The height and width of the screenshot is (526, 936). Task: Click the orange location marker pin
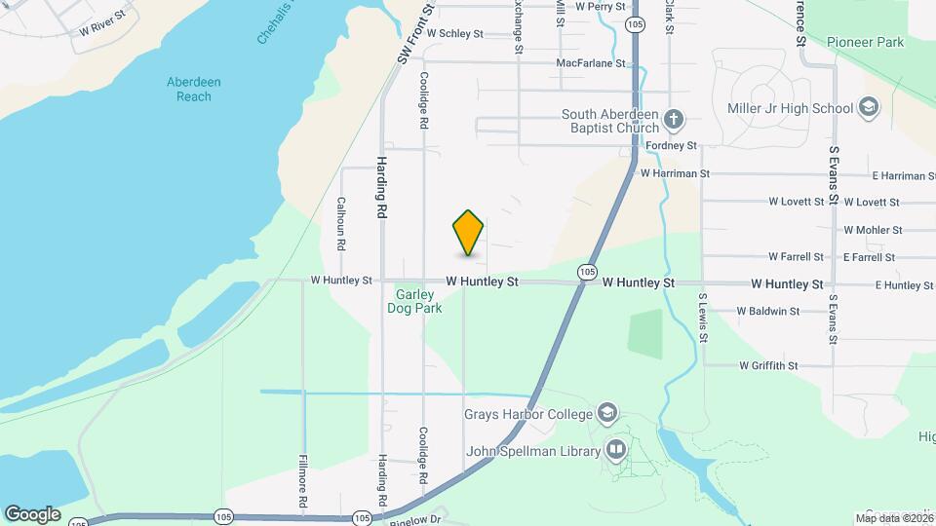click(469, 233)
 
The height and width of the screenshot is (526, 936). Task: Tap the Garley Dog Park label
click(419, 301)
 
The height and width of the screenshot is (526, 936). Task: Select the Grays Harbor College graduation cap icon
click(609, 413)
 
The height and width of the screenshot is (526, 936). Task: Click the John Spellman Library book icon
click(616, 450)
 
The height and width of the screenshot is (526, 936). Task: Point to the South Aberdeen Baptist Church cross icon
click(673, 122)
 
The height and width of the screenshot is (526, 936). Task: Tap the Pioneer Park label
click(865, 42)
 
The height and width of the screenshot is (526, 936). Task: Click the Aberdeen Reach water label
click(188, 90)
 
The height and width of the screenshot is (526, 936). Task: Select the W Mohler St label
click(873, 230)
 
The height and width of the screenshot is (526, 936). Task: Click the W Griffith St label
click(768, 366)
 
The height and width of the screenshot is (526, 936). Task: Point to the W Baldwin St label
click(768, 312)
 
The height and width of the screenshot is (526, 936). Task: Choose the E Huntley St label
click(904, 284)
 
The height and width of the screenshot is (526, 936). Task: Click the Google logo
click(32, 513)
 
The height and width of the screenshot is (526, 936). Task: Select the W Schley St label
click(454, 33)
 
